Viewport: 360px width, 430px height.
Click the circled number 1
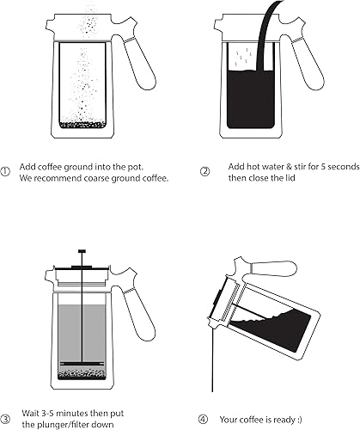click(x=5, y=172)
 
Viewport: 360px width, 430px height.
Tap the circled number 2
click(x=204, y=172)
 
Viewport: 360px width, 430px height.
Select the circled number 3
click(x=5, y=420)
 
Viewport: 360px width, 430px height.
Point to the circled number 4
click(x=203, y=420)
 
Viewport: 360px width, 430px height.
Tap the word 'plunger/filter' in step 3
click(x=66, y=424)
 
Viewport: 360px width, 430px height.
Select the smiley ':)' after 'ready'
click(x=300, y=420)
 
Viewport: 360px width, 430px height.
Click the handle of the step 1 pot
click(x=140, y=64)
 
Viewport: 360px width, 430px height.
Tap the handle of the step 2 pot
click(x=308, y=64)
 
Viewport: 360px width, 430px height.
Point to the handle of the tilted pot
click(x=273, y=268)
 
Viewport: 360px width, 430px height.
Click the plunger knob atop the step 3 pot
click(x=82, y=251)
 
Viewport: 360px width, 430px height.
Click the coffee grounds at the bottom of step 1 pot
click(x=82, y=125)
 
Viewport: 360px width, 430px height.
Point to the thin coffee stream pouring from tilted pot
click(x=212, y=359)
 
